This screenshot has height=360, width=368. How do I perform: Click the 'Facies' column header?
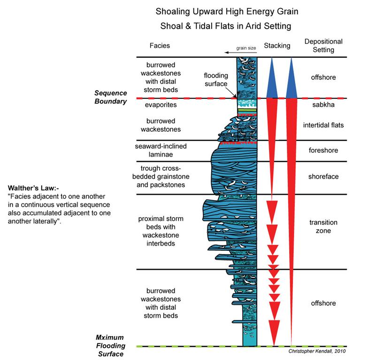coord(160,46)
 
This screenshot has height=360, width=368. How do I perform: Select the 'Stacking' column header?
coord(277,45)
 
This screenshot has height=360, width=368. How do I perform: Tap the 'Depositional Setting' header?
coord(323,46)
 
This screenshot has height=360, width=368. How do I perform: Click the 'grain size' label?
coord(244,48)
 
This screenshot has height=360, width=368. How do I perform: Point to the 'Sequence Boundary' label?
coord(111,97)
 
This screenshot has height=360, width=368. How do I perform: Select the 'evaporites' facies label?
coord(160,105)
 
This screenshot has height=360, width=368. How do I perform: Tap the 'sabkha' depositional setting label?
coord(323,105)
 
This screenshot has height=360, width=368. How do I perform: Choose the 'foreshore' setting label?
coord(323,150)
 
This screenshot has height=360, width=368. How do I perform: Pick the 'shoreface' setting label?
coord(323,177)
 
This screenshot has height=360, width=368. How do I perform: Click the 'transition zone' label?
coord(323,226)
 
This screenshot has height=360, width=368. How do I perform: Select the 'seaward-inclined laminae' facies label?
coord(160,150)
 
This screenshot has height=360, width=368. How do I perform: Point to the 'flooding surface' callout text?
coord(216,79)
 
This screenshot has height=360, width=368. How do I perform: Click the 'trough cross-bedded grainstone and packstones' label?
coord(160,177)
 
